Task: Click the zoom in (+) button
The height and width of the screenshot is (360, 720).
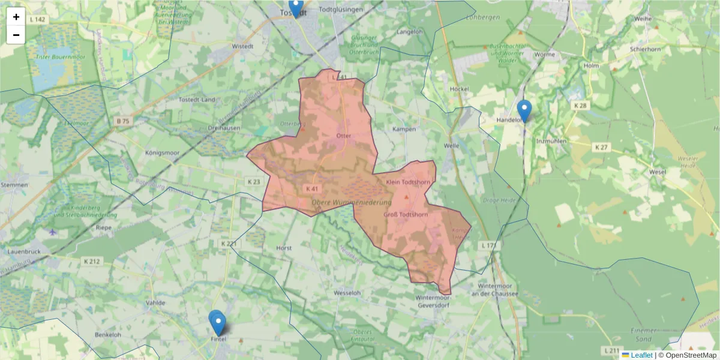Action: [16, 17]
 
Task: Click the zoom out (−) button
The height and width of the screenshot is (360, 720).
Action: [16, 35]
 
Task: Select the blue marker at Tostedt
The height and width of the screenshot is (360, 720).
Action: [295, 7]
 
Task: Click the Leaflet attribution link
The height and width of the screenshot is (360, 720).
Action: [641, 355]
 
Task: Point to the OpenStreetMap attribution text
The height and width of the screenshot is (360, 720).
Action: [691, 355]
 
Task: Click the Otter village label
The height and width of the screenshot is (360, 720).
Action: [343, 136]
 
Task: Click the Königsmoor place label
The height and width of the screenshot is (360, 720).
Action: [164, 153]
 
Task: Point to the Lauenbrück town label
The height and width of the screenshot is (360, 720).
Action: [24, 252]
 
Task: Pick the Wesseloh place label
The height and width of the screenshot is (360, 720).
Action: [347, 293]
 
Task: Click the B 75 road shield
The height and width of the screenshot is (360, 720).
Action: [122, 121]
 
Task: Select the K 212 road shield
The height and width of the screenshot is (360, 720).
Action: [92, 261]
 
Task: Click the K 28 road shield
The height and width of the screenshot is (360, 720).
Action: [580, 106]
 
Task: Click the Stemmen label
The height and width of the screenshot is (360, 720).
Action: [14, 185]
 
